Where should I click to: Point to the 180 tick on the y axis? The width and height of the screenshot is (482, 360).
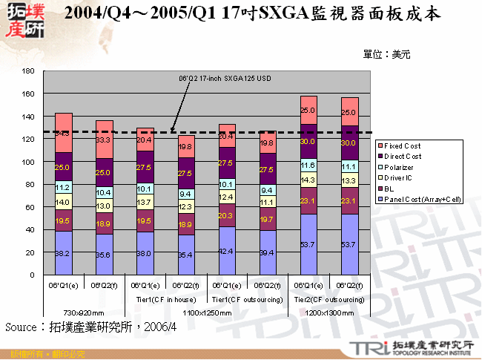(29, 71)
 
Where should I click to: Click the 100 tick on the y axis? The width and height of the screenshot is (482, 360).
(29, 162)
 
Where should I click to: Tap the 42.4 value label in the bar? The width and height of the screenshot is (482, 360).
(226, 252)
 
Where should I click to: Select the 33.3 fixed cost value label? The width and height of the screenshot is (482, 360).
(104, 140)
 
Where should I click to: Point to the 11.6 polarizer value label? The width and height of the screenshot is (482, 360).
(308, 165)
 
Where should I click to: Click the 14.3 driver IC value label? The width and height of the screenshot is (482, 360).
(308, 180)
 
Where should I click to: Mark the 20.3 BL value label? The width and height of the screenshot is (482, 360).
(226, 216)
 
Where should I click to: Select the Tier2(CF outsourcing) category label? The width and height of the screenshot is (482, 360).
(328, 300)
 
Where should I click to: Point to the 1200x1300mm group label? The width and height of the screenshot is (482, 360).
(328, 313)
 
